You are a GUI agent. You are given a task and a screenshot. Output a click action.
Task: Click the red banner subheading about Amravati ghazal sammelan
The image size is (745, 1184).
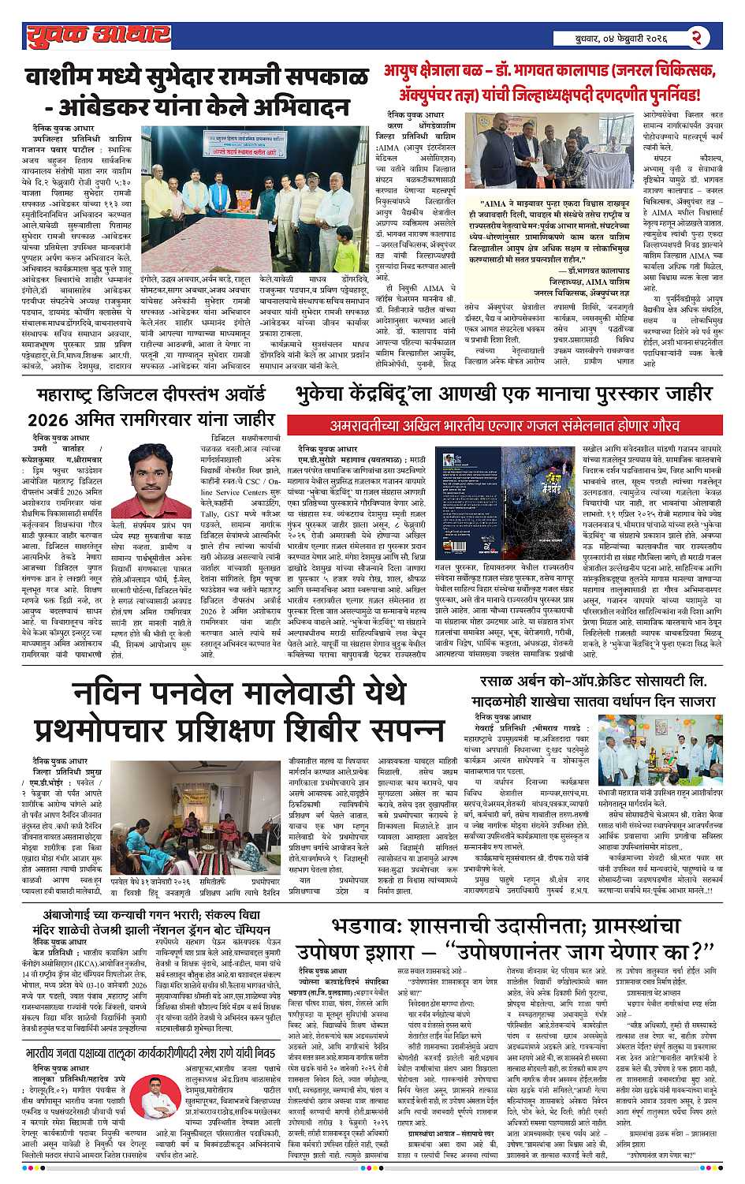click(505, 425)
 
